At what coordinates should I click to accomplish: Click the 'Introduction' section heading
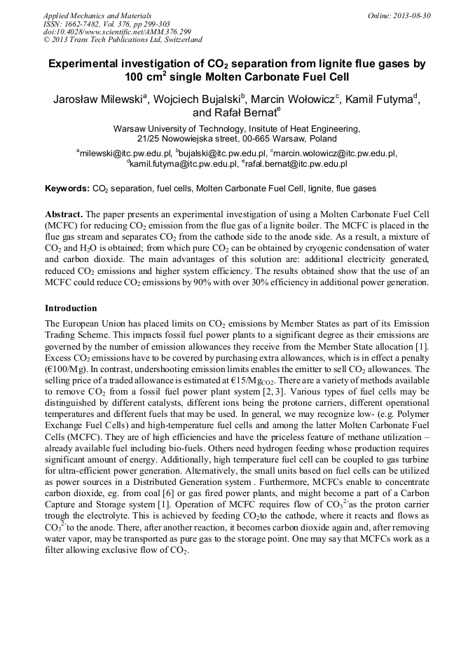71,308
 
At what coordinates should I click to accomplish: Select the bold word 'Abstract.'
64,212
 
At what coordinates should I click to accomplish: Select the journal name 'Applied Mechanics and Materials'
93,15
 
